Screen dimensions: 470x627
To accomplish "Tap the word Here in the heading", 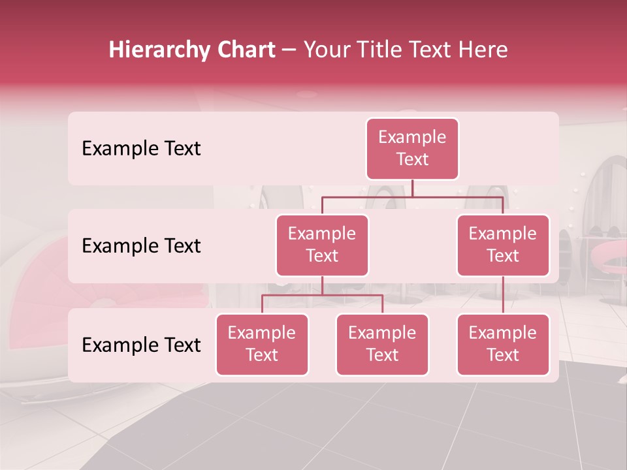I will click(482, 50).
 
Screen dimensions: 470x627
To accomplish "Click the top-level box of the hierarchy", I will click(412, 149).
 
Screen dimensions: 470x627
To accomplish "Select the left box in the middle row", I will click(322, 245).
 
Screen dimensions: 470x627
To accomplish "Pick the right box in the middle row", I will click(503, 245).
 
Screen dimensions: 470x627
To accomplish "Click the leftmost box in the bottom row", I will click(262, 345).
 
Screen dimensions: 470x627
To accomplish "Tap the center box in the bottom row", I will click(382, 345).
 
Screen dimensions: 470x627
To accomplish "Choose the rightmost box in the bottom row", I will click(503, 345).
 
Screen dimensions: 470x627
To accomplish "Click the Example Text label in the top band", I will click(141, 149).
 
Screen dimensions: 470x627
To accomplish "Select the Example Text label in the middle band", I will click(141, 246).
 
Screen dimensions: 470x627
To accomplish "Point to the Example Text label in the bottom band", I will click(141, 345).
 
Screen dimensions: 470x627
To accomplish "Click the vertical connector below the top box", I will click(412, 188).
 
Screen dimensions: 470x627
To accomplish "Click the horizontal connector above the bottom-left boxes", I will click(322, 295).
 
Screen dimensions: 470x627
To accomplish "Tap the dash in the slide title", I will click(289, 50).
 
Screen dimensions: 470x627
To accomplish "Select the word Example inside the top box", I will click(412, 138).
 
